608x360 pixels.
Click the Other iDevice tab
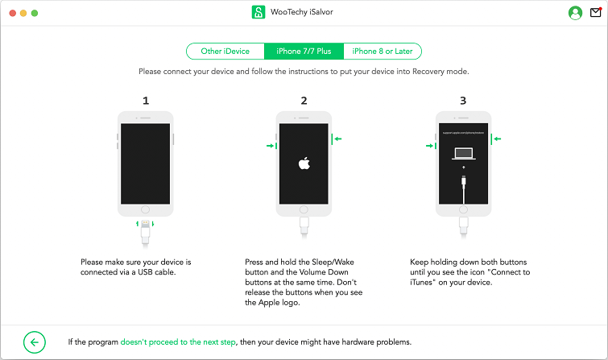225,52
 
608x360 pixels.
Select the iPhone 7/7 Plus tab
304,52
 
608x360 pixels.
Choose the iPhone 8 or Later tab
382,52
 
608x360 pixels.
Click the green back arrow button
35,342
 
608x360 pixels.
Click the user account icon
575,13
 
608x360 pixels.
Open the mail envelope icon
596,13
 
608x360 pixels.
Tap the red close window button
12,14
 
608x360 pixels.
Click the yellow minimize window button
24,14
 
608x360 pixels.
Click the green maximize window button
36,14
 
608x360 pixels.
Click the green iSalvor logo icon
258,13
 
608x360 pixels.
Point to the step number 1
146,101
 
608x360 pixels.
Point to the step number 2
304,101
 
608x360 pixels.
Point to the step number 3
463,101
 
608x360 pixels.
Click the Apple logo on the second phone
304,163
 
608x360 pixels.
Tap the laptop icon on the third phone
463,153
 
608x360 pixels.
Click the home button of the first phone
146,209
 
